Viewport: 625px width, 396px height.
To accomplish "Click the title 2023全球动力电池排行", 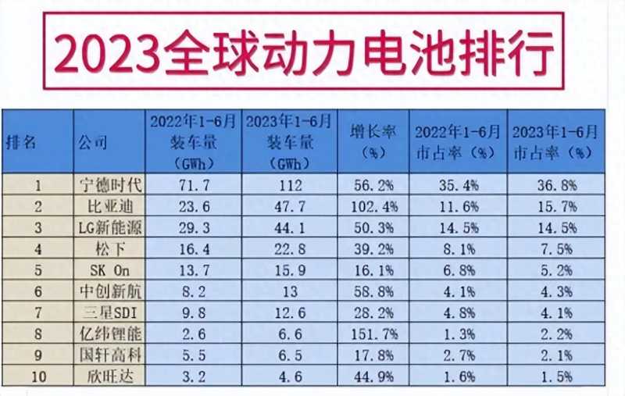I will coord(305,51).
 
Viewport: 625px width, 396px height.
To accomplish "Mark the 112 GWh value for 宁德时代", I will coord(290,186).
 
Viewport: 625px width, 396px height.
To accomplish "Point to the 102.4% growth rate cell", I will coord(373,207).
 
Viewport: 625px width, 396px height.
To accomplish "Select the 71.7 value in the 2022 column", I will coord(194,186).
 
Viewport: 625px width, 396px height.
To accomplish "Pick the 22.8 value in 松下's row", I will coord(290,249).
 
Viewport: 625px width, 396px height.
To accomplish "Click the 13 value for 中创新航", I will coord(290,291).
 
